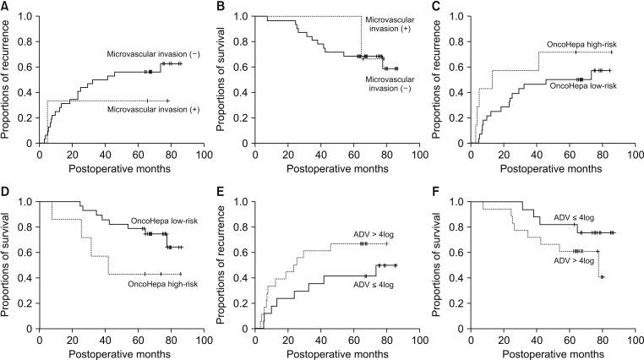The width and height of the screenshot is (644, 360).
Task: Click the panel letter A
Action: point(6,7)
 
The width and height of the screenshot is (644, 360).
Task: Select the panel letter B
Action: point(223,7)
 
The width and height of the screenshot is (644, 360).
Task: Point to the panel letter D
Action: point(6,194)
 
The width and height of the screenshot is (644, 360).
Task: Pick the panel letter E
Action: point(223,194)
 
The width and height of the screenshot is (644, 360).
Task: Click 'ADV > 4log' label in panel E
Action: point(368,232)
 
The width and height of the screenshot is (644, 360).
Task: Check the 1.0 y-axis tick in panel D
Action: point(25,202)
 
